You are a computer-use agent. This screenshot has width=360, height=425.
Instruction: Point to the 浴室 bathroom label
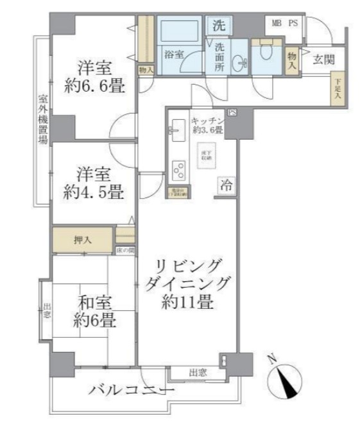click(x=173, y=54)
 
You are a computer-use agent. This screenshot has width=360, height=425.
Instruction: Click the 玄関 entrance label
click(x=323, y=60)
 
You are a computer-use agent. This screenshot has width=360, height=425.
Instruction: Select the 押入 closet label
click(x=83, y=240)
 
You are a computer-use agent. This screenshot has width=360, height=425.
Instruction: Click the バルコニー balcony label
click(x=131, y=390)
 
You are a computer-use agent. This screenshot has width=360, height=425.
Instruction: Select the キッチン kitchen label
click(x=207, y=121)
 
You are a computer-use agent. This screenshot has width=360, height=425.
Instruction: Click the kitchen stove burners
click(x=178, y=170)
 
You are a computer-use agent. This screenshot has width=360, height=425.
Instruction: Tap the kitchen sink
click(x=176, y=132)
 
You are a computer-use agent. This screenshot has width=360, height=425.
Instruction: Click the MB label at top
click(x=277, y=24)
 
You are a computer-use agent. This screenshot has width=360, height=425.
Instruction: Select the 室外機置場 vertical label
click(x=43, y=122)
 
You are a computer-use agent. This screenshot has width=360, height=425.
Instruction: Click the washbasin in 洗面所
click(x=241, y=62)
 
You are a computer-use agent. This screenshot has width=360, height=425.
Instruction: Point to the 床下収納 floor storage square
click(x=206, y=158)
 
